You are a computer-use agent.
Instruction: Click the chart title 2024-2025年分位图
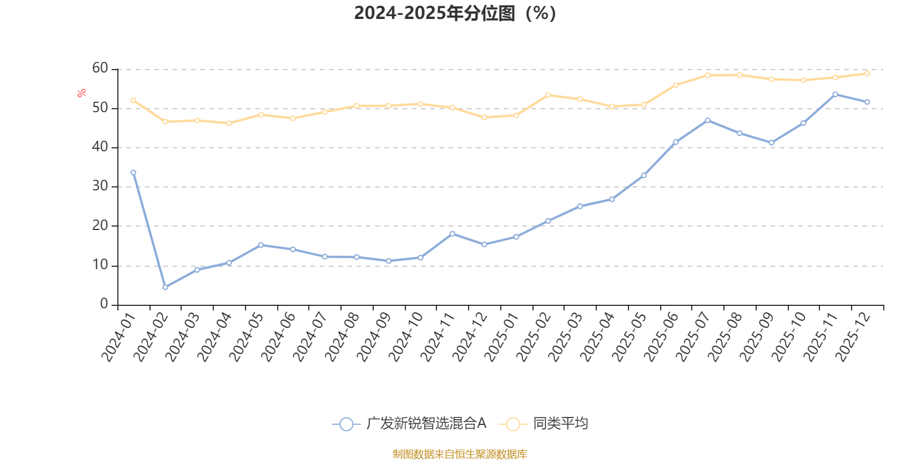[455, 13]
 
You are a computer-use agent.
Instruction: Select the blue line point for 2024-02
[165, 287]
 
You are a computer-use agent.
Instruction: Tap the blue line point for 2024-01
[133, 172]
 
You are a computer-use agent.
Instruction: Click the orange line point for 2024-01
[133, 100]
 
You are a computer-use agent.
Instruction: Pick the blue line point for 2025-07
[707, 120]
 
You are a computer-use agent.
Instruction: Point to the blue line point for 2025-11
[835, 94]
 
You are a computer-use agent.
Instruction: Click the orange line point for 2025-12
[867, 74]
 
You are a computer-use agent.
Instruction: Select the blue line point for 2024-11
[452, 233]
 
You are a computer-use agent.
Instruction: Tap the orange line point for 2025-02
[548, 95]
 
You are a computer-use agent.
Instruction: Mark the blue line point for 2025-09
[771, 143]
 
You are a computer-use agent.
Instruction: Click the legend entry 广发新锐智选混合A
[409, 424]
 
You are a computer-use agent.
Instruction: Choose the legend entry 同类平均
[544, 424]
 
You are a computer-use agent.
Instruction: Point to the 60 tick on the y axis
[100, 68]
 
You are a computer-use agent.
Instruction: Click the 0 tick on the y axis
[104, 304]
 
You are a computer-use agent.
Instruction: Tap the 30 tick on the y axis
[100, 186]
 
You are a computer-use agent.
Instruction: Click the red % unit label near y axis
[82, 93]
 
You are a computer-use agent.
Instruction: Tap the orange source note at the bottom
[459, 454]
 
